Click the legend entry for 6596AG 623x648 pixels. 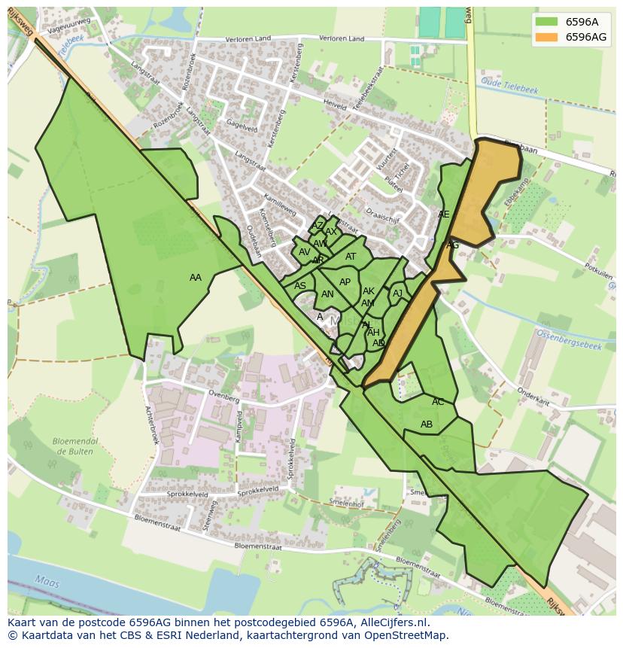(x=585, y=37)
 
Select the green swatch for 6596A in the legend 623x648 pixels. (x=546, y=22)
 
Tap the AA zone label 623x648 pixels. (x=196, y=278)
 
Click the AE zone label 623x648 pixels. (x=444, y=214)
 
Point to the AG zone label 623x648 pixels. (x=452, y=245)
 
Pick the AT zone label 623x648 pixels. (x=351, y=257)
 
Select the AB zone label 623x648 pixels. (x=427, y=424)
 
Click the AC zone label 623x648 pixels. (x=438, y=402)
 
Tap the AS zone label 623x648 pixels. (x=300, y=286)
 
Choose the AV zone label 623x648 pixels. (x=305, y=252)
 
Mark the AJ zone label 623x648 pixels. (x=398, y=294)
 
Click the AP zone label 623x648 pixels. (x=345, y=282)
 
